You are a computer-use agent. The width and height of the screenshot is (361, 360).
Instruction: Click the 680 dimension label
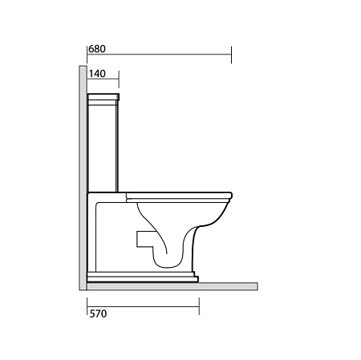pyautogui.click(x=97, y=49)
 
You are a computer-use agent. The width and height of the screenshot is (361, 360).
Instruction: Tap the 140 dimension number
pyautogui.click(x=97, y=74)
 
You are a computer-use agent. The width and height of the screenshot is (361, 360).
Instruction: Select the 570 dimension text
pyautogui.click(x=98, y=313)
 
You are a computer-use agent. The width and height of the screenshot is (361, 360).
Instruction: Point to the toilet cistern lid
pyautogui.click(x=103, y=97)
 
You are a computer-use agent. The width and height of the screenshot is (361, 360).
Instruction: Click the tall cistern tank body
pyautogui.click(x=103, y=146)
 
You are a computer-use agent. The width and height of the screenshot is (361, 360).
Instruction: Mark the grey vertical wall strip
pyautogui.click(x=83, y=178)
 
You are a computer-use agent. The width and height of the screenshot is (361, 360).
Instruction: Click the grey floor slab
pyautogui.click(x=172, y=286)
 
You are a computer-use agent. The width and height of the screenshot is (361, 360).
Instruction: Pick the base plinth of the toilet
pyautogui.click(x=143, y=277)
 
